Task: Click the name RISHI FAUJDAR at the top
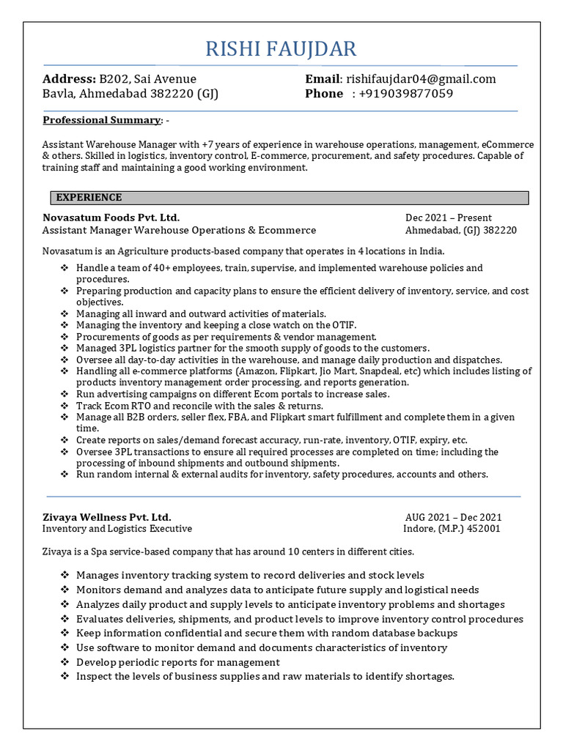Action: (281, 49)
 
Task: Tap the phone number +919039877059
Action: (402, 94)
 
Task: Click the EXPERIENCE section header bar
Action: (289, 198)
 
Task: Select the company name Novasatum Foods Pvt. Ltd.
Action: (111, 218)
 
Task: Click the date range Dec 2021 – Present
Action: (449, 218)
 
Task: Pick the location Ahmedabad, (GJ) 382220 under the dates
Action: (461, 230)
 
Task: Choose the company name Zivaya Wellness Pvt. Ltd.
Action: (107, 516)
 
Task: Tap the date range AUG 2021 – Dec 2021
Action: (453, 516)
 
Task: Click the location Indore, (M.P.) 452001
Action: (452, 528)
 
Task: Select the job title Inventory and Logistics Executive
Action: (117, 528)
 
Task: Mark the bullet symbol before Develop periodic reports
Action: (65, 662)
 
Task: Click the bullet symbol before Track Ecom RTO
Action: (65, 406)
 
